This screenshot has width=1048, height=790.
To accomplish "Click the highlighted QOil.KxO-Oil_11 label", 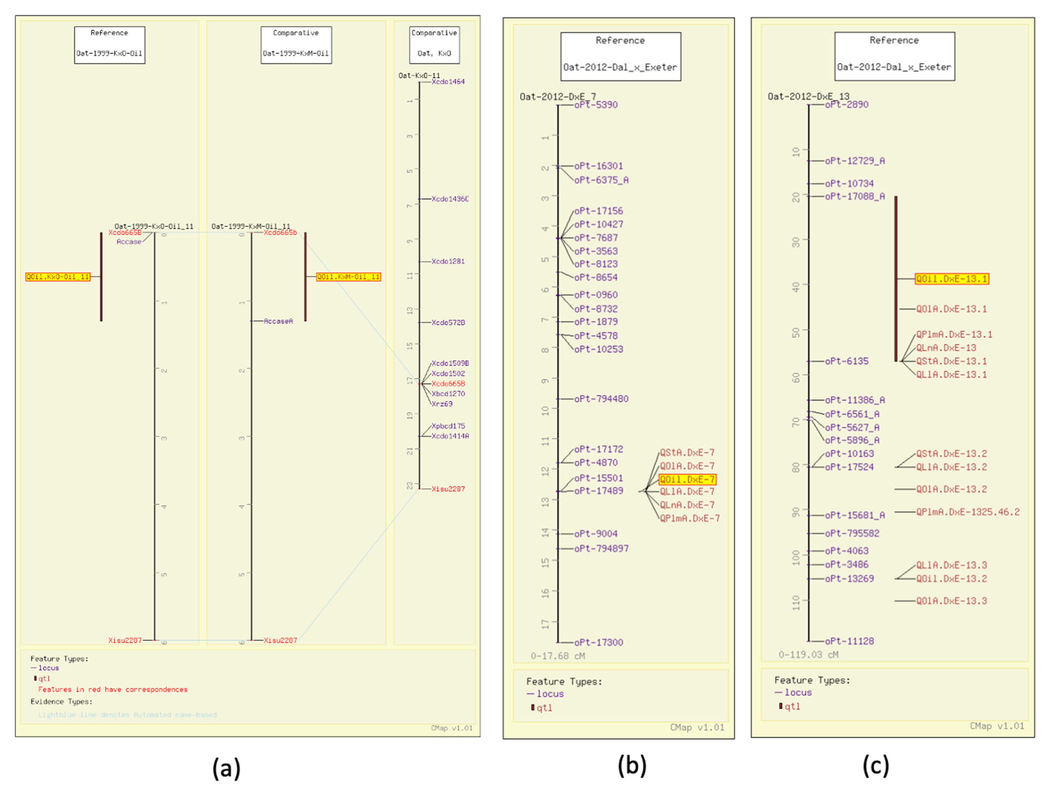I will tap(58, 277).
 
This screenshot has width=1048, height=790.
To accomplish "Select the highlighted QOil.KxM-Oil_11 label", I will tap(348, 277).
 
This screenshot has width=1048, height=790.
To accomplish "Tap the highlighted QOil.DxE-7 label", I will tap(687, 480).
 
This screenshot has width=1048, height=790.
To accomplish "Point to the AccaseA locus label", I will tap(278, 321).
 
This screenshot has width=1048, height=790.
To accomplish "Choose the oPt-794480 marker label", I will tap(601, 399).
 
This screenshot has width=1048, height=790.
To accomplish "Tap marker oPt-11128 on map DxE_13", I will tap(849, 641).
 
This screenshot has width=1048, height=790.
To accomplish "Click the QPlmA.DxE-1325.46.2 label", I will tap(968, 512).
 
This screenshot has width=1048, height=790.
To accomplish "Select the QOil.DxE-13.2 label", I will tap(951, 579).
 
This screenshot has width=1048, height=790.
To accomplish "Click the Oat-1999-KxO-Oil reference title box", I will tap(109, 45).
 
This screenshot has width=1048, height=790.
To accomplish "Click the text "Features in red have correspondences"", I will tap(113, 690).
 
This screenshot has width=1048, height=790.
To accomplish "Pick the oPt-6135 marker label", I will tap(847, 362).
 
